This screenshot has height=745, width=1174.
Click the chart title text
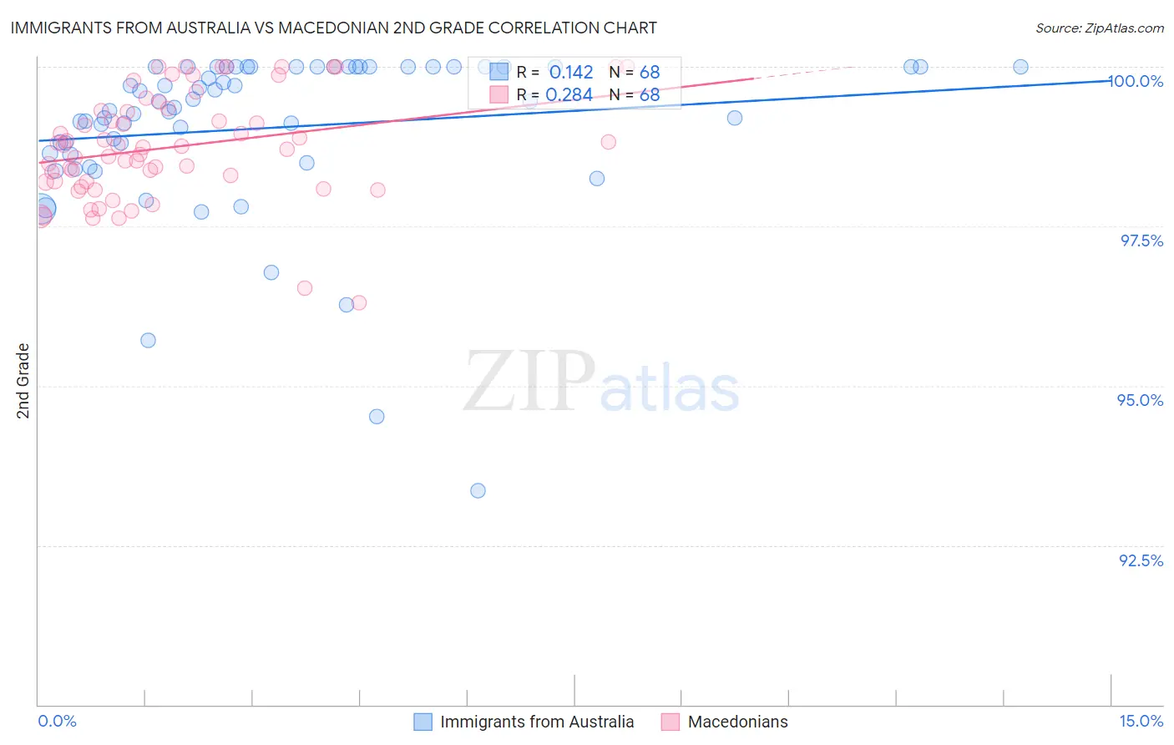click(333, 28)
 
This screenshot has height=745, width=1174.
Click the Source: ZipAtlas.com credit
click(1099, 28)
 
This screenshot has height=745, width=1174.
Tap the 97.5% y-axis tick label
click(1141, 241)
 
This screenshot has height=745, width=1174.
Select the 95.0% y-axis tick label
click(1141, 400)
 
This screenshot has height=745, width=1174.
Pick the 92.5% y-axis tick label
click(1141, 560)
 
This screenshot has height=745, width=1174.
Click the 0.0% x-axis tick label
click(57, 721)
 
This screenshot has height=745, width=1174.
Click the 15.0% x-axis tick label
click(1141, 721)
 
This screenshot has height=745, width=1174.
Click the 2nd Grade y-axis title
click(23, 380)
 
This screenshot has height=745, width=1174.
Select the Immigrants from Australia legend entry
click(536, 722)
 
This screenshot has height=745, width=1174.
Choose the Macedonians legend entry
click(737, 722)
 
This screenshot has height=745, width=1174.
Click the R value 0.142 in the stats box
click(571, 73)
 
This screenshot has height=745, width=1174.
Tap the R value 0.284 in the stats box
click(569, 95)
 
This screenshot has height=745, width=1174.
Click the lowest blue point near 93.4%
click(478, 490)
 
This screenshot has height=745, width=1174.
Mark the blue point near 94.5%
click(377, 416)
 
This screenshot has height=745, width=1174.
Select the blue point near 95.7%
click(148, 340)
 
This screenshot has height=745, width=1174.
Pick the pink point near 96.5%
click(305, 288)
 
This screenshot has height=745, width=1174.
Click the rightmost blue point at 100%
click(1020, 67)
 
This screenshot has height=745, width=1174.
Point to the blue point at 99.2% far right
click(735, 118)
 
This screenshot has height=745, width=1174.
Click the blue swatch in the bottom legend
click(423, 722)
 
